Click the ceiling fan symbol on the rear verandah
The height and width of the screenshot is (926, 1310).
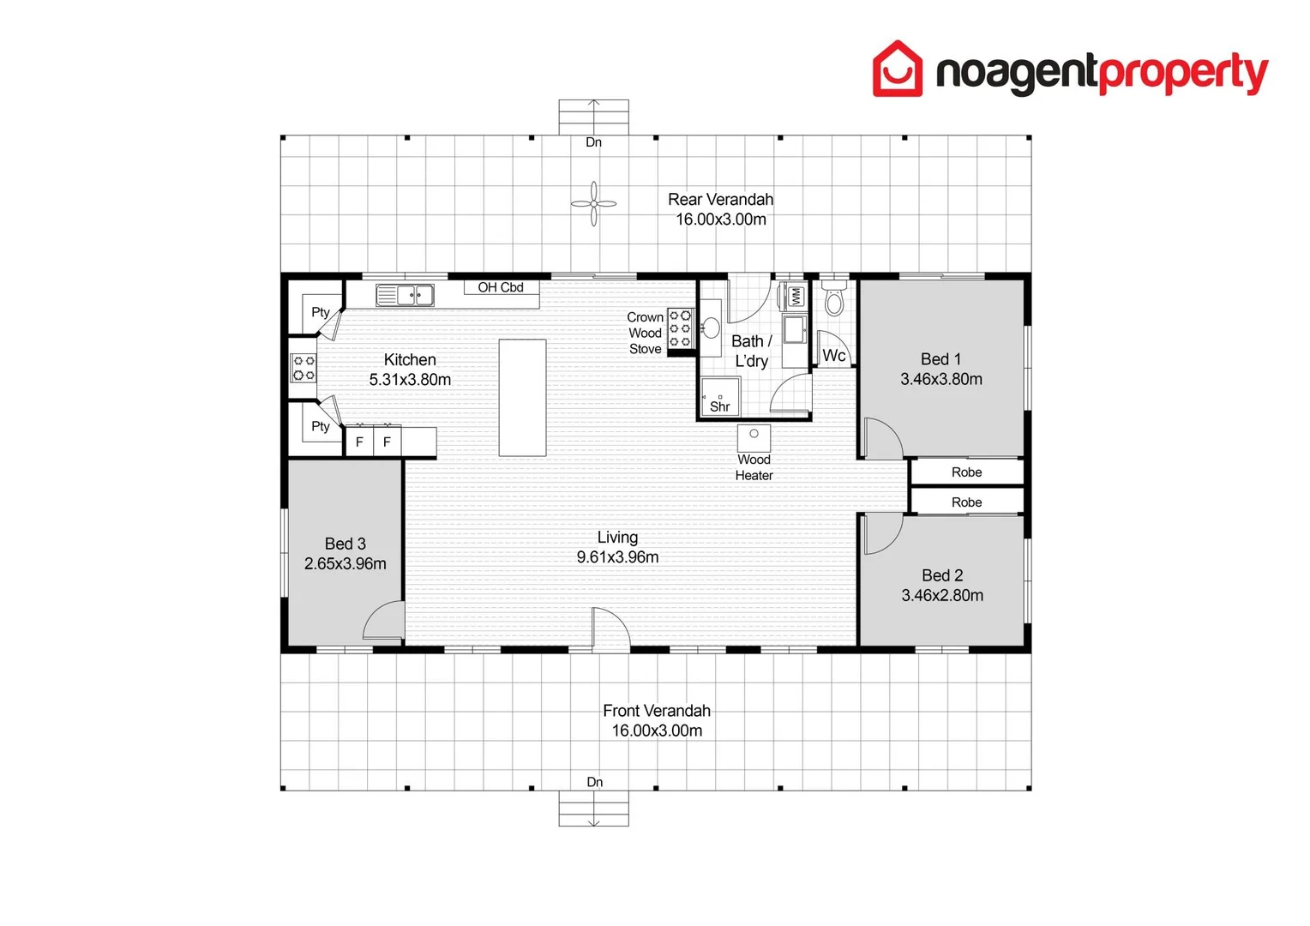coord(593,204)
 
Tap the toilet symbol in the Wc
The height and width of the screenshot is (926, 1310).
coord(833,299)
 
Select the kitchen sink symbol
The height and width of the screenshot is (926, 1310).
coord(406,295)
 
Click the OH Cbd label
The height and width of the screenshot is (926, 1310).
coord(501,287)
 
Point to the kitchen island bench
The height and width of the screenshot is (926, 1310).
coord(522,398)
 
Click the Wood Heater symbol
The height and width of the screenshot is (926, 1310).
coord(754,436)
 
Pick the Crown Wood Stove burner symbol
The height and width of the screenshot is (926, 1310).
coord(681,329)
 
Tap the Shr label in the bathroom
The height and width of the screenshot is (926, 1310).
coord(720,407)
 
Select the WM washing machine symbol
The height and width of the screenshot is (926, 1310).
coord(795,297)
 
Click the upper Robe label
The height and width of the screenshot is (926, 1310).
coord(966,472)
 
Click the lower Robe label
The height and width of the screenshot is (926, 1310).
coord(966,502)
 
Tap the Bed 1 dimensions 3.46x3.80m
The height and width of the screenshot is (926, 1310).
coord(940,379)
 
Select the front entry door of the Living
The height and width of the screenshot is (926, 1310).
coord(610,630)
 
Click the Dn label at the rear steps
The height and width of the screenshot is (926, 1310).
coord(593,142)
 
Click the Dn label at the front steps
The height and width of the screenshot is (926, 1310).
coord(594,782)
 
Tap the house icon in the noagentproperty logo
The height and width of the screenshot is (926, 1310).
coord(897,69)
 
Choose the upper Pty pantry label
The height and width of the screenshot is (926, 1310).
coord(321,312)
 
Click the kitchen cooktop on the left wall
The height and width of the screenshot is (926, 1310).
coord(303,368)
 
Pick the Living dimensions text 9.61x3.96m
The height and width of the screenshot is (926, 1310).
coord(617,557)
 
